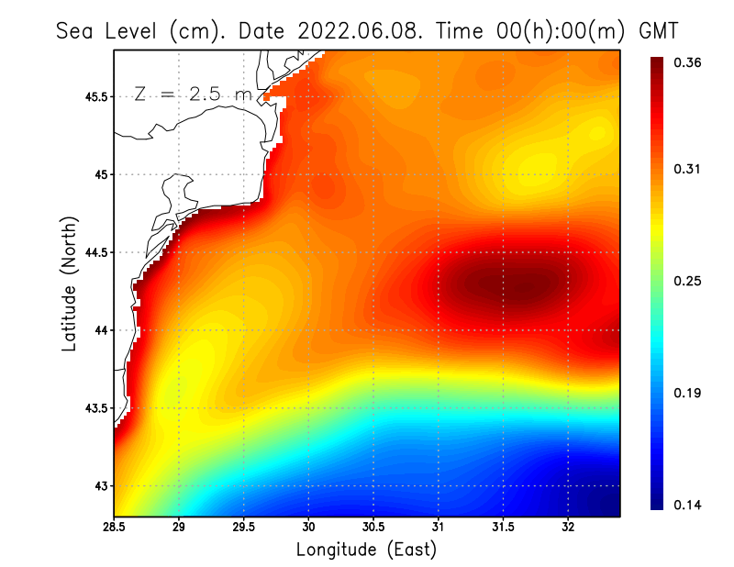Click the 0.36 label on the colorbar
[688, 62]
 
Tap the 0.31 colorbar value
[688, 169]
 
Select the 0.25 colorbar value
[688, 281]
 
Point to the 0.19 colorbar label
[688, 394]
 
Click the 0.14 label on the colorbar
[688, 506]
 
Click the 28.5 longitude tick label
[114, 528]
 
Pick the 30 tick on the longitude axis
[308, 528]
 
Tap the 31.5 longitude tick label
[503, 528]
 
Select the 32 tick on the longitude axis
[568, 528]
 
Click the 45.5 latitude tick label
[95, 96]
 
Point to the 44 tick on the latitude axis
[99, 330]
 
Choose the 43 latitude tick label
[99, 485]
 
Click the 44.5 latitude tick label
[95, 252]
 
